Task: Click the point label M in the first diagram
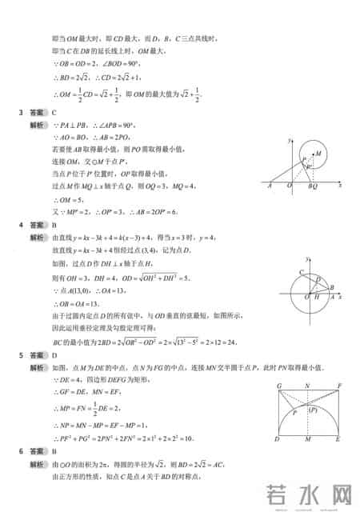318,153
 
